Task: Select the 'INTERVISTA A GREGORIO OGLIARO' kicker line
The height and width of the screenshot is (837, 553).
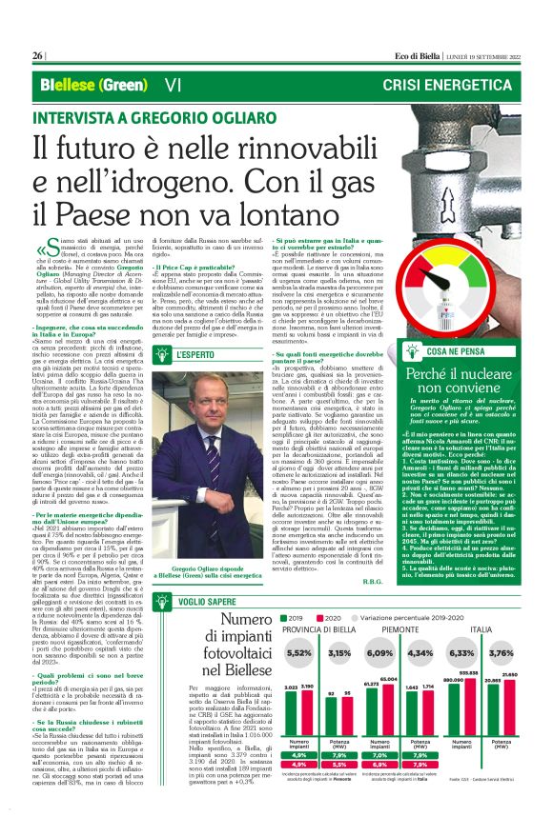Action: [x=148, y=118]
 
